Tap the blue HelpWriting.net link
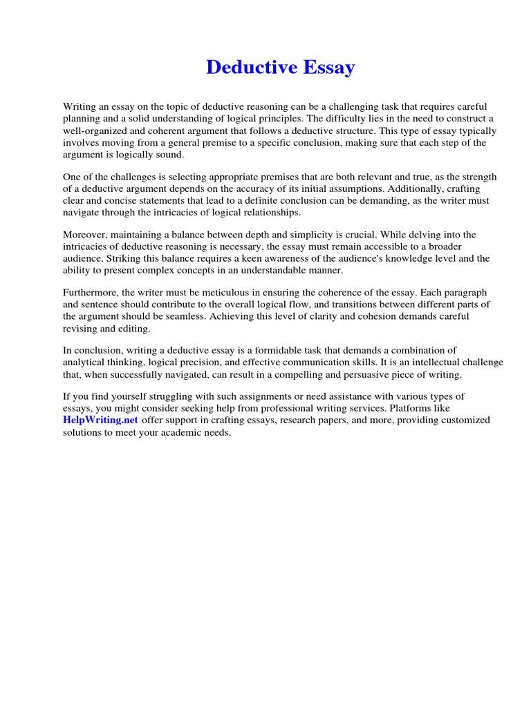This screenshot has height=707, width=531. coord(101,420)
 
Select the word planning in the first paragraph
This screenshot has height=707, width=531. coord(81,118)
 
